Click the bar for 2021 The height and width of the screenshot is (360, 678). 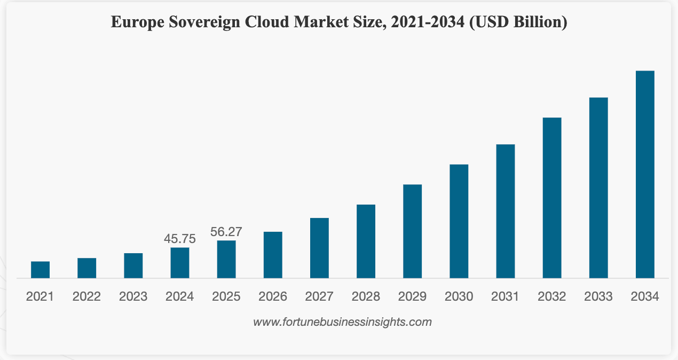pos(40,270)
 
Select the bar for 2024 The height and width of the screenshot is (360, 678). pos(180,263)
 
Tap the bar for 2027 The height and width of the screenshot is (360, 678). pos(319,248)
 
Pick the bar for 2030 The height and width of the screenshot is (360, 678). pos(459,221)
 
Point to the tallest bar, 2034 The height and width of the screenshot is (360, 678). pos(645,175)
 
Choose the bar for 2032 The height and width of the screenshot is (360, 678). pos(552,198)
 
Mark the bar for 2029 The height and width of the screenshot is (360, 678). pos(412,231)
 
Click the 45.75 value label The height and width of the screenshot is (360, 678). pos(180,239)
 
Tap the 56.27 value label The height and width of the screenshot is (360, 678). pos(226,232)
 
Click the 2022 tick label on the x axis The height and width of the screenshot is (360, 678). pos(86,296)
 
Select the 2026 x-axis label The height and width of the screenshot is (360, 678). pos(273,296)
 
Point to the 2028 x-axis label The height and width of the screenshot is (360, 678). pos(366,296)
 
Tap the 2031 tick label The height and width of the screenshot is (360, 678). pos(505,296)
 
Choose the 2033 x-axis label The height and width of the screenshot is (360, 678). pos(598,296)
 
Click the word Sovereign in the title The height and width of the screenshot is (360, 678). pos(204,22)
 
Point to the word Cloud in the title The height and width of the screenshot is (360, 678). pos(267,22)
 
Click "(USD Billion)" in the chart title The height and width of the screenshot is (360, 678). pos(518,22)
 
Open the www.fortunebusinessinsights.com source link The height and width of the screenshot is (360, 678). pos(342,322)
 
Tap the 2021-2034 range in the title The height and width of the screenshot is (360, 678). pos(428,22)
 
